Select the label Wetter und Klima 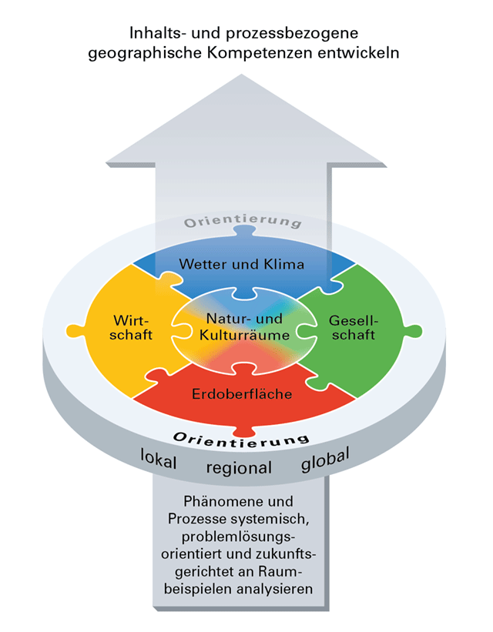[x=242, y=264]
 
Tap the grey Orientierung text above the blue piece [x=242, y=222]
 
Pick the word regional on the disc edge [x=239, y=468]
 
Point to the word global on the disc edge [x=324, y=460]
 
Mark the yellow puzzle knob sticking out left [x=74, y=330]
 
